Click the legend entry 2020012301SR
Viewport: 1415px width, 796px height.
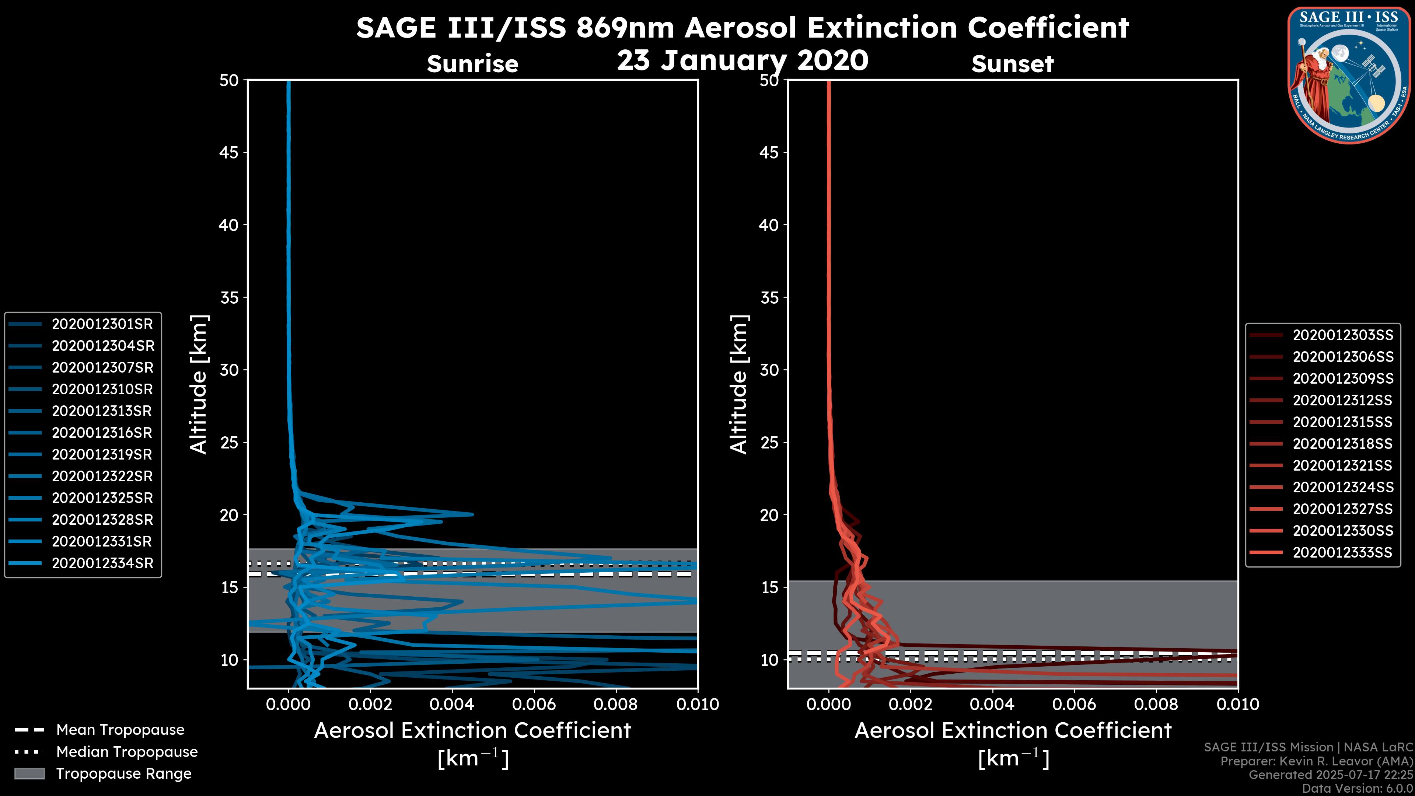pos(102,324)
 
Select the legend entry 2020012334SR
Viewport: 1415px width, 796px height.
pos(102,563)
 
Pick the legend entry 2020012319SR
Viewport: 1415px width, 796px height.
pos(102,454)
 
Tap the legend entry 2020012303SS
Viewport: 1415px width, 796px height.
pos(1342,335)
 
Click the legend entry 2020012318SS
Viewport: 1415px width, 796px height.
pos(1342,443)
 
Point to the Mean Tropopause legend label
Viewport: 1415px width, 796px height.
pos(120,730)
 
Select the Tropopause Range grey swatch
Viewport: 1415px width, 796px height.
pos(29,774)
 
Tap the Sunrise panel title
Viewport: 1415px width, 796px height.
pos(472,64)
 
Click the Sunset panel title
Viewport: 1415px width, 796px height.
pos(1012,64)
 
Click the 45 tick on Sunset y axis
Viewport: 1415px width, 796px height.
pos(769,152)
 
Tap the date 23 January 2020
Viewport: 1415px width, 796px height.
pos(742,60)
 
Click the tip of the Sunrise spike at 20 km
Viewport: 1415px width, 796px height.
pos(472,514)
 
